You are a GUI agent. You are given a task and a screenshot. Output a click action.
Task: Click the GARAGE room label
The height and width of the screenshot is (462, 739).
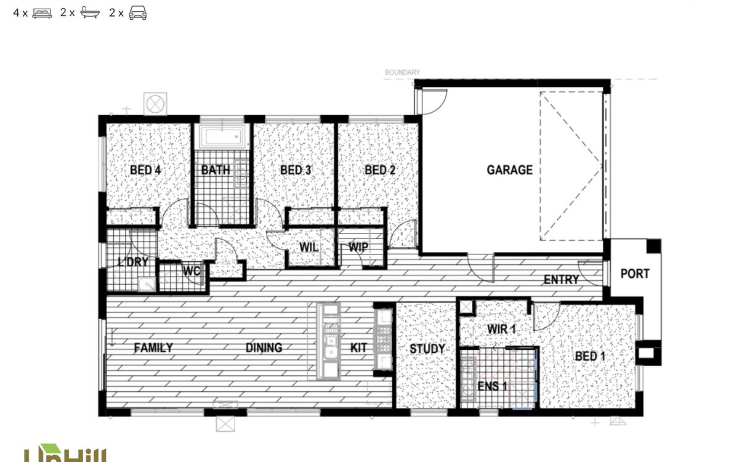509,170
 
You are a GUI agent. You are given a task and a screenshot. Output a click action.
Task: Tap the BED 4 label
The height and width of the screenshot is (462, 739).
145,170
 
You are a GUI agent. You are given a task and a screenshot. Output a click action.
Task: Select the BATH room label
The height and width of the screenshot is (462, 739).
216,170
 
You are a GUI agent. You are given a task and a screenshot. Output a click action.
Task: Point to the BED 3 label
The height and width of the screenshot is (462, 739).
296,170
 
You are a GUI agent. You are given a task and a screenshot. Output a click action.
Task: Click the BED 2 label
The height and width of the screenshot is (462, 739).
380,170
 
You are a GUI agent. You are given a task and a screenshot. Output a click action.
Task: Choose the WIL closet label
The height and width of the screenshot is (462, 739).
309,247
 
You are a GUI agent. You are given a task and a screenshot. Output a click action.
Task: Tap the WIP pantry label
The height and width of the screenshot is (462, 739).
358,247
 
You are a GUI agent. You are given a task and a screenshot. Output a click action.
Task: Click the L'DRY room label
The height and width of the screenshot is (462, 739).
133,262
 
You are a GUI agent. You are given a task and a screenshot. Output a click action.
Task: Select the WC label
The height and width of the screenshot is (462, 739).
192,270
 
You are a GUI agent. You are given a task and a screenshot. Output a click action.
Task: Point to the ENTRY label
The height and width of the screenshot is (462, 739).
561,280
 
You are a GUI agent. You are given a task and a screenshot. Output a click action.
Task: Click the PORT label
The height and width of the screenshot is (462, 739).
634,274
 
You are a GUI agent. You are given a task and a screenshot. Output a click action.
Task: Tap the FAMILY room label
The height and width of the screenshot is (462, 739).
153,348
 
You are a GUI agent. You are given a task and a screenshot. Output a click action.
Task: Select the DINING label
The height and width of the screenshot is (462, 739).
264,348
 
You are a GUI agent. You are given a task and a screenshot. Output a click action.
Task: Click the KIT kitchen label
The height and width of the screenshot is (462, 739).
358,348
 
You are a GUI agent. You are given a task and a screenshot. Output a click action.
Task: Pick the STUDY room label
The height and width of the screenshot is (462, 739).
427,349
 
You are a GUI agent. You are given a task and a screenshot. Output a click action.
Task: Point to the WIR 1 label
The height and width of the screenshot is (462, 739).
501,329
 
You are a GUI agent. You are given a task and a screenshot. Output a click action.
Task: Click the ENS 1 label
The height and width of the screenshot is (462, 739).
493,387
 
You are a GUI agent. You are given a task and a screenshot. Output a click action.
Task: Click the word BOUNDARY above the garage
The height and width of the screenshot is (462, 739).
403,73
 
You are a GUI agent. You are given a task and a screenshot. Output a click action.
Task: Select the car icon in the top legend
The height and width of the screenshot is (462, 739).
138,12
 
